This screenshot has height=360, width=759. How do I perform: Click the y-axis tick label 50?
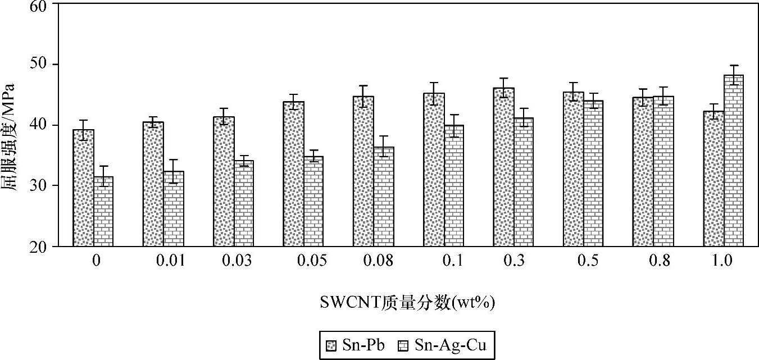[x=40, y=64]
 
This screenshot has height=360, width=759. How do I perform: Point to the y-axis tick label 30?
[x=40, y=186]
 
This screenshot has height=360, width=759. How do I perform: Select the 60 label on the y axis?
[x=40, y=4]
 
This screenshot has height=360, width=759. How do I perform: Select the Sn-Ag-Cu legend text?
[x=447, y=345]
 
